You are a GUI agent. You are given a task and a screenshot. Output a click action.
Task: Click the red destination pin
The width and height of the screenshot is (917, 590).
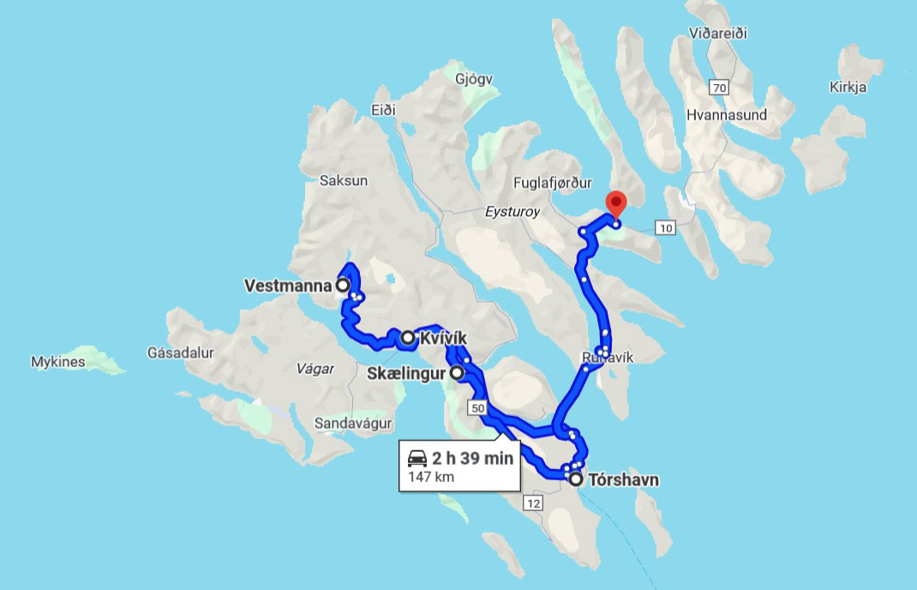click(x=616, y=204)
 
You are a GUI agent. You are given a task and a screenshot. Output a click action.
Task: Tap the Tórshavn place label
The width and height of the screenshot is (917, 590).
click(x=623, y=480)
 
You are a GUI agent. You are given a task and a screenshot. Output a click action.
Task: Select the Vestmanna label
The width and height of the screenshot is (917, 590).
click(x=289, y=286)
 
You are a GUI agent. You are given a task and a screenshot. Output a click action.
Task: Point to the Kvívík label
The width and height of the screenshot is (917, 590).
click(x=443, y=339)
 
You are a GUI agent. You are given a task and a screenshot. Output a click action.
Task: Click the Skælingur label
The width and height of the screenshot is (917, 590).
click(x=407, y=374)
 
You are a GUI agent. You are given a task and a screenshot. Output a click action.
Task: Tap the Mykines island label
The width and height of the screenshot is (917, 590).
click(x=58, y=362)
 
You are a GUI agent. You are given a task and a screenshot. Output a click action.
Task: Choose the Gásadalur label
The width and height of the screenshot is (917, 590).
click(x=180, y=352)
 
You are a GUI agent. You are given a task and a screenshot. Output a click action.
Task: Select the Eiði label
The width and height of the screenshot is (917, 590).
click(x=383, y=110)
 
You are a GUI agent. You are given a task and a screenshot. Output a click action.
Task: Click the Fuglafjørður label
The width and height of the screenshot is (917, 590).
click(x=553, y=182)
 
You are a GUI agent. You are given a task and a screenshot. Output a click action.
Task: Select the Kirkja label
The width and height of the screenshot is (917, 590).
click(x=848, y=87)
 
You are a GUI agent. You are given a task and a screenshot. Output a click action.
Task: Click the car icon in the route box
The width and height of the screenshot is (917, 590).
click(x=417, y=459)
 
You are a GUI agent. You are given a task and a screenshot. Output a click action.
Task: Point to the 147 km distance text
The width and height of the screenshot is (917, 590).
click(x=432, y=477)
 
